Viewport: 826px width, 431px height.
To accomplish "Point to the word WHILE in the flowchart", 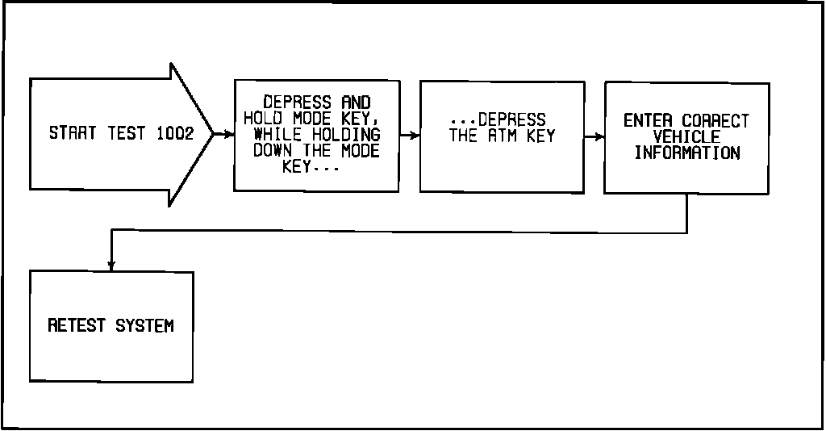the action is pos(277,135).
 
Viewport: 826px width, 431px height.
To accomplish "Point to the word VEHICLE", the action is pos(687,137).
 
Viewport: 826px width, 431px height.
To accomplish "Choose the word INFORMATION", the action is pos(687,153).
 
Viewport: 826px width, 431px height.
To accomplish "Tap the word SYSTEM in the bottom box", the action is pos(144,326).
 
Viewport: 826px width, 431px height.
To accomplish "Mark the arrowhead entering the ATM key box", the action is pos(415,136).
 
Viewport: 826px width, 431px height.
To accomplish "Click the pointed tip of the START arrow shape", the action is pos(212,133).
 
